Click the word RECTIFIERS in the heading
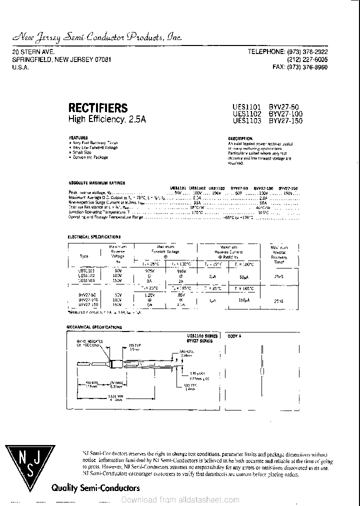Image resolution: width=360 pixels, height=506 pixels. click(97, 107)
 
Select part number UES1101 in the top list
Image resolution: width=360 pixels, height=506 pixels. click(246, 106)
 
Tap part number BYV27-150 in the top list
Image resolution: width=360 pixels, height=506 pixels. click(286, 120)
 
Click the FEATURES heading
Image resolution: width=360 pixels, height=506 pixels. click(78, 137)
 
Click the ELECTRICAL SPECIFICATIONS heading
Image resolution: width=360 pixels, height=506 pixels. click(94, 236)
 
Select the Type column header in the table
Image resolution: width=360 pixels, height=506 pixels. click(83, 256)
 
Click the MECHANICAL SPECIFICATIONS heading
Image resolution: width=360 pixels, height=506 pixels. click(94, 327)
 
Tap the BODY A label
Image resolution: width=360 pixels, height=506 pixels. click(234, 336)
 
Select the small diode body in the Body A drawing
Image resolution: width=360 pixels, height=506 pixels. click(262, 371)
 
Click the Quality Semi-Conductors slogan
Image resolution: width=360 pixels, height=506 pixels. click(95, 487)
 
